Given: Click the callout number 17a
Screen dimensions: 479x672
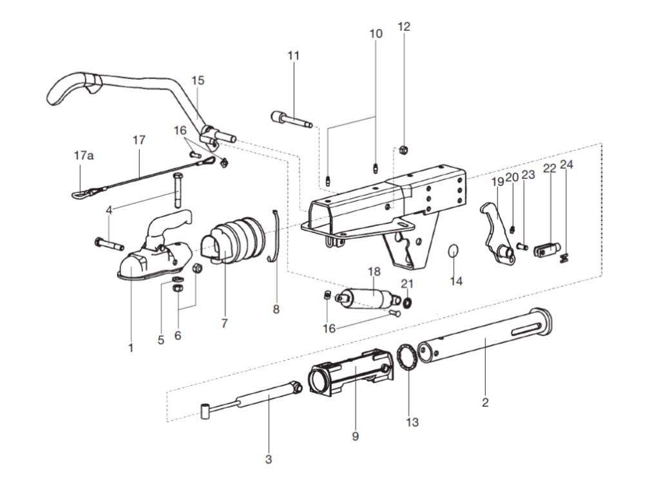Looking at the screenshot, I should [84, 156].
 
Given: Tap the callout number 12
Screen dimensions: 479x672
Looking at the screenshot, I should [404, 26].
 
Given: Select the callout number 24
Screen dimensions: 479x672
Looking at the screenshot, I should [566, 164].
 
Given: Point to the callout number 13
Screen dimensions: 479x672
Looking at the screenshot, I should [412, 422].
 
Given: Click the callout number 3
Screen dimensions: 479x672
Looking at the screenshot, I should [269, 459].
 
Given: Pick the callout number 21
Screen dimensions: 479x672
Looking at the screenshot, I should [407, 283].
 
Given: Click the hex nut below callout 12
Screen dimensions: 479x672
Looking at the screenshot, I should [402, 150].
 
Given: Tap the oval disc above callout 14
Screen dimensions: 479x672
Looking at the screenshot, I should [455, 251].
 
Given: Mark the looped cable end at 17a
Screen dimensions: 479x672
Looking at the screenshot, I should [79, 191].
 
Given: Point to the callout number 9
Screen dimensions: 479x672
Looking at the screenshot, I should [355, 436].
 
